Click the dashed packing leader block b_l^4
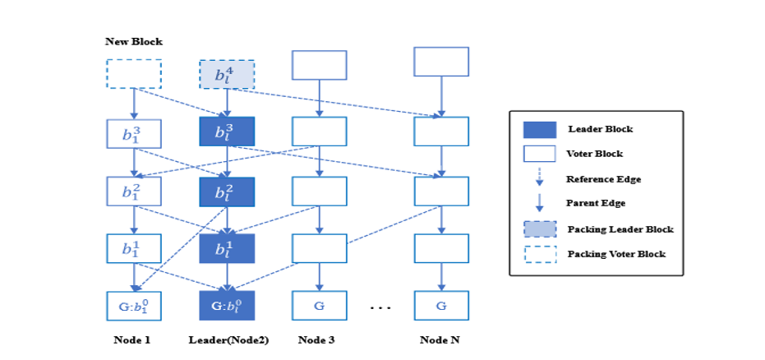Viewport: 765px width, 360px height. (x=227, y=75)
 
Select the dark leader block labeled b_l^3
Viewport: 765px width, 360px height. (x=227, y=132)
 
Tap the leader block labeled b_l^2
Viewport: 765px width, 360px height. (x=227, y=191)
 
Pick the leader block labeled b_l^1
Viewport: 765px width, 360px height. (x=227, y=248)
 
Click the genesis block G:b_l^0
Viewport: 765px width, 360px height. (x=227, y=306)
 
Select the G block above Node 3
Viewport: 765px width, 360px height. (x=320, y=306)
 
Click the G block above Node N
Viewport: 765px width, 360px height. (x=441, y=306)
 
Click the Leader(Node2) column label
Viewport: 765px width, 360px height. (x=227, y=339)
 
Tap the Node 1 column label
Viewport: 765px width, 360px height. (x=133, y=339)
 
